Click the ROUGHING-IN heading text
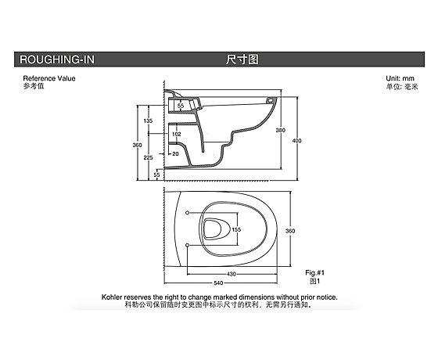pos(57,59)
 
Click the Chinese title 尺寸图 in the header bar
pos(242,59)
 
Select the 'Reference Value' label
pos(49,78)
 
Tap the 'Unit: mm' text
pos(400,78)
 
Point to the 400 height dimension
pos(296,141)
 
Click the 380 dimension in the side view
pos(281,130)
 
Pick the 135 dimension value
pos(148,121)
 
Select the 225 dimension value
pos(148,157)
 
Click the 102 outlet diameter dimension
pos(176,134)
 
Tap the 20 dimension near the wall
pos(175,153)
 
